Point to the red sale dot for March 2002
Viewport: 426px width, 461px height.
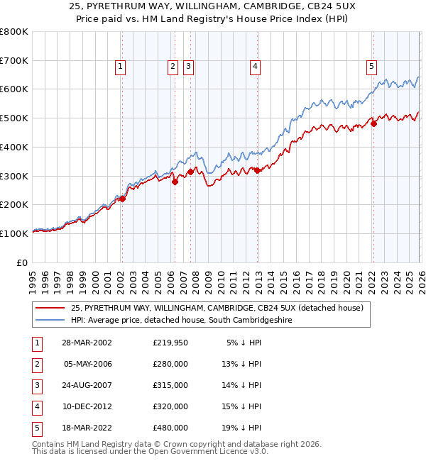pyautogui.click(x=122, y=199)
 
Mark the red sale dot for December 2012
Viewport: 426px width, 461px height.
pyautogui.click(x=257, y=170)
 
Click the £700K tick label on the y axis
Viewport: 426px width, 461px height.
pyautogui.click(x=14, y=60)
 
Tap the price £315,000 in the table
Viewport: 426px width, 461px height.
pyautogui.click(x=170, y=385)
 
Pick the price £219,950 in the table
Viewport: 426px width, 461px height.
pyautogui.click(x=170, y=343)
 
